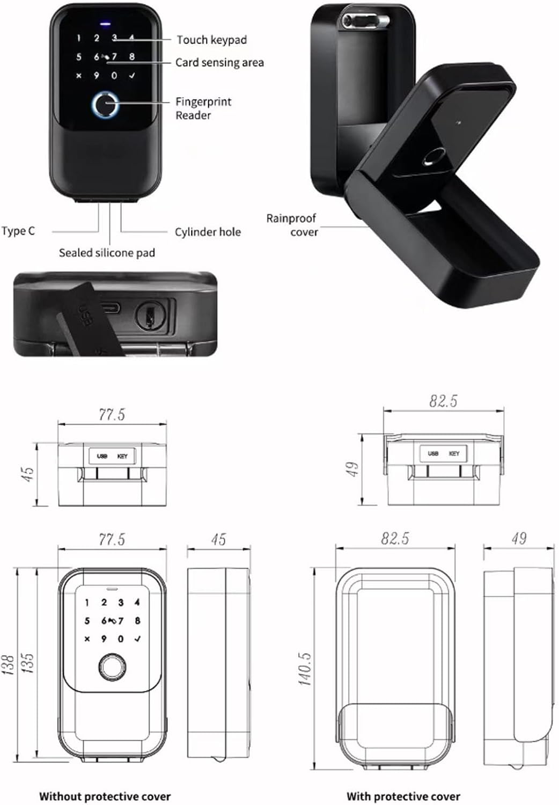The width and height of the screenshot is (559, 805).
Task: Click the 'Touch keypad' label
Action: tap(211, 40)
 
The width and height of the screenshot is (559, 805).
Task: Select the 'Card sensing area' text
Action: tap(219, 63)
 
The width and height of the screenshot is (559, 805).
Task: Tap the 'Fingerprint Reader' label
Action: tap(203, 108)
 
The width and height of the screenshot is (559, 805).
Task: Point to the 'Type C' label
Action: tap(18, 231)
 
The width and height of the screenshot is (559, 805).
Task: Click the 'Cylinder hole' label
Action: tap(208, 232)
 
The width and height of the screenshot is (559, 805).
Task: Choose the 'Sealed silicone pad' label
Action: tap(107, 253)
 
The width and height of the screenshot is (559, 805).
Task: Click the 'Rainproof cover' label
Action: tap(292, 225)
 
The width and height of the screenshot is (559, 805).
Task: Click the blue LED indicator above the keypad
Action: tap(105, 24)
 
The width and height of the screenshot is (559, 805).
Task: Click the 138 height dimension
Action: tap(8, 664)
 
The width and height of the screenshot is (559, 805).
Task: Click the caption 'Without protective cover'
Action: tap(105, 796)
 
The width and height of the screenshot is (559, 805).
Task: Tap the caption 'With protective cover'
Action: tap(403, 796)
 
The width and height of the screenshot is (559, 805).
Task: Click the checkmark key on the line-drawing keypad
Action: tap(138, 639)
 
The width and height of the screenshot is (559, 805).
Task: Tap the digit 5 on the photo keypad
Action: tap(79, 57)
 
